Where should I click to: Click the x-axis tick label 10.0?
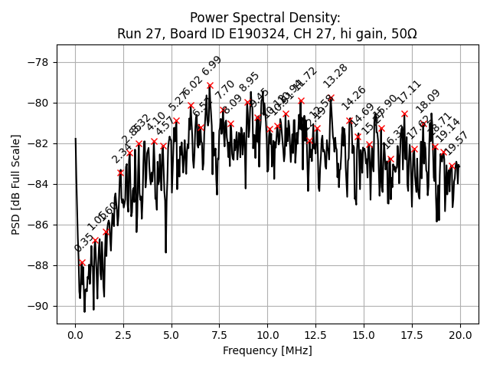click(x=267, y=335)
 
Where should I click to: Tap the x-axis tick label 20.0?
click(x=460, y=335)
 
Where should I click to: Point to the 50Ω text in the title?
click(x=403, y=34)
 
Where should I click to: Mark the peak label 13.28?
click(x=335, y=77)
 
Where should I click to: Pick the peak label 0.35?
click(x=83, y=243)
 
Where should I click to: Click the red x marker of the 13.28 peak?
click(x=331, y=98)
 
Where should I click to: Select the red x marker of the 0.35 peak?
click(x=82, y=262)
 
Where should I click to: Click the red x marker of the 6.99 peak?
click(x=210, y=85)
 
